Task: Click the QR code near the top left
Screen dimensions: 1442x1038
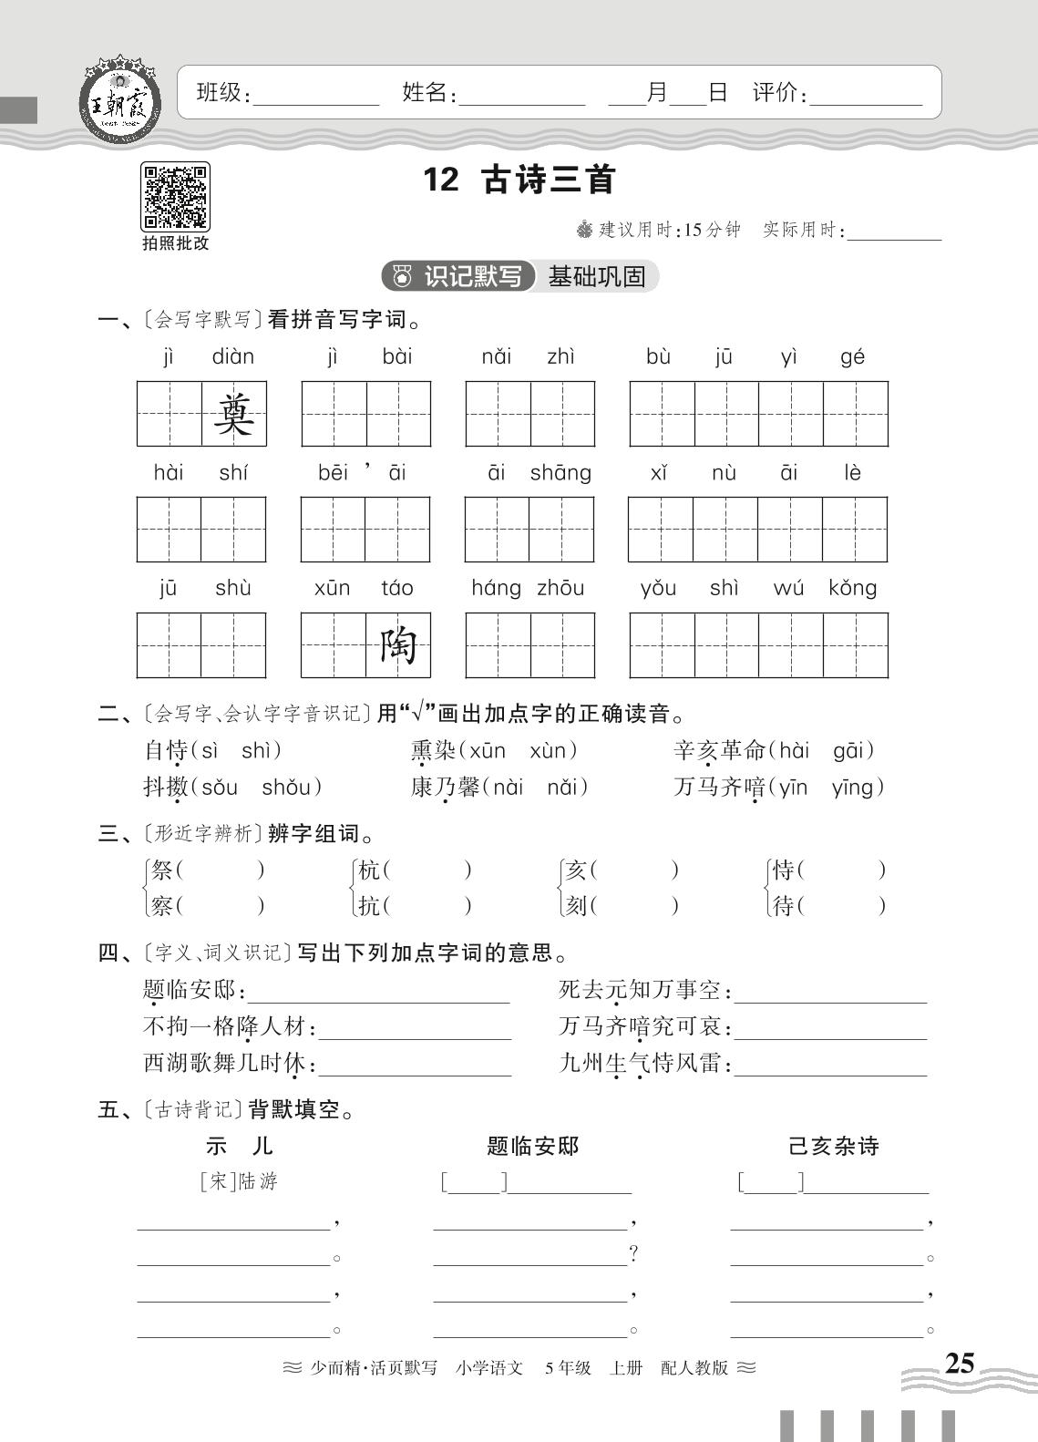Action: [x=175, y=196]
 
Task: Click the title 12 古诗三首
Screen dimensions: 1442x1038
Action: [x=519, y=180]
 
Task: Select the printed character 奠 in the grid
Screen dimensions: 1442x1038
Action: [x=233, y=415]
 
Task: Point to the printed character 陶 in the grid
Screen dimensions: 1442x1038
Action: [x=398, y=646]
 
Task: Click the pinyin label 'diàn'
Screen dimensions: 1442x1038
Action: [x=233, y=356]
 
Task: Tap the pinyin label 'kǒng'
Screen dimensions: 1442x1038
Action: [x=853, y=588]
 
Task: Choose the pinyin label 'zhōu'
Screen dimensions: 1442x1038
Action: [x=560, y=588]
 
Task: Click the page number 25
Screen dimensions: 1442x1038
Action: [x=959, y=1363]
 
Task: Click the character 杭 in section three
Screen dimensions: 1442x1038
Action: [x=369, y=870]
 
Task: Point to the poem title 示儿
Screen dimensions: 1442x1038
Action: [x=240, y=1146]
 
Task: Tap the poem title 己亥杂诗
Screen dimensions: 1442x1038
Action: [x=833, y=1146]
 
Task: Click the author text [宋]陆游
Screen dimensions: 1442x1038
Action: [x=238, y=1182]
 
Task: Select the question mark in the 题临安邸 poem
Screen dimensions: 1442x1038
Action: [x=633, y=1255]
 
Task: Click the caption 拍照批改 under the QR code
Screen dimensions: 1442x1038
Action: [x=175, y=243]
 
